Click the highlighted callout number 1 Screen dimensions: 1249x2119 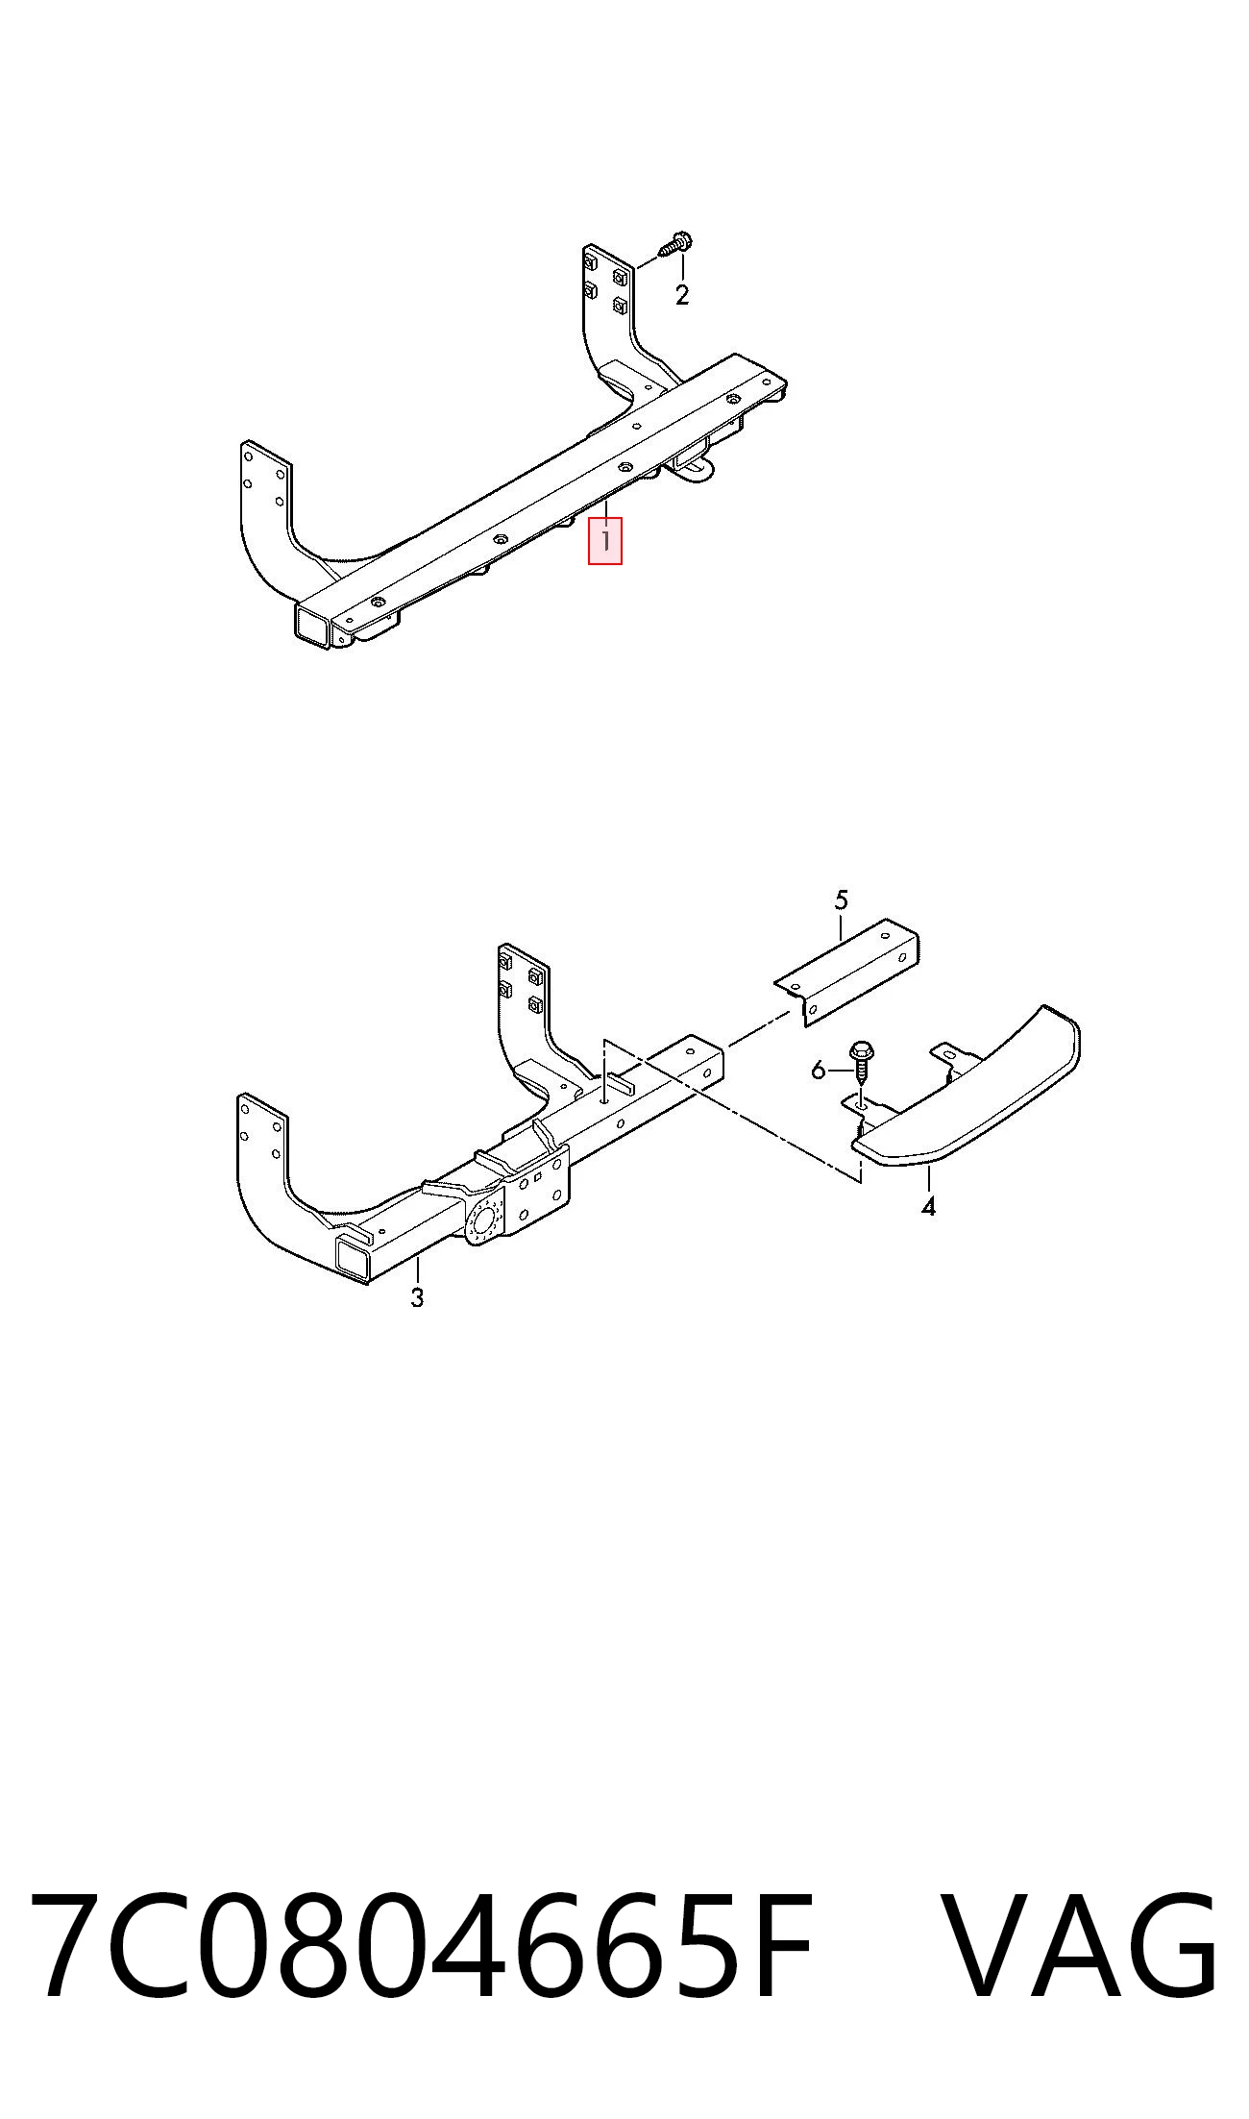(605, 540)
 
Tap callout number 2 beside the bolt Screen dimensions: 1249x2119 (682, 295)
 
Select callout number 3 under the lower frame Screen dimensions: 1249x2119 (417, 1297)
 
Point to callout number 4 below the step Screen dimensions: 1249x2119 (928, 1206)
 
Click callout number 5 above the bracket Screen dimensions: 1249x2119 (842, 900)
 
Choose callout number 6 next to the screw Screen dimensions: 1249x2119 (819, 1070)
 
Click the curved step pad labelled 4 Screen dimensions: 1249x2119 (970, 1105)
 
